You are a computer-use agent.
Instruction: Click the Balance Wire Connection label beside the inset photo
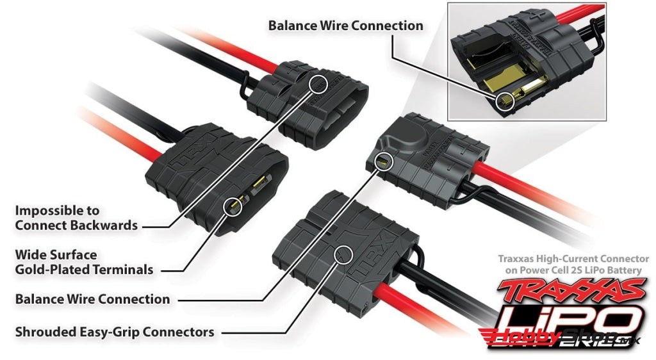[x=345, y=26]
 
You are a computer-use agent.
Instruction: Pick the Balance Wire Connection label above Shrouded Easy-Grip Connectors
[x=92, y=299]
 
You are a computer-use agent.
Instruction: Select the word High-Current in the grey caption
[x=569, y=259]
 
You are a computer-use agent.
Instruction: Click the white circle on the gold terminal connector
[x=233, y=206]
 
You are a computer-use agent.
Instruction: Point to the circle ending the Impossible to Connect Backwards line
[x=318, y=83]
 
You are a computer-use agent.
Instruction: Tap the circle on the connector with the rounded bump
[x=385, y=160]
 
